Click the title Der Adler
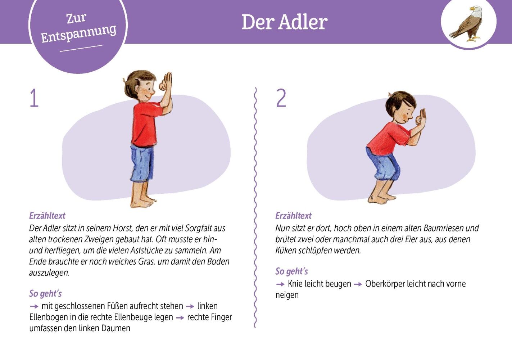285,22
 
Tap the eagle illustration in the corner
467,24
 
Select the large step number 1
34,98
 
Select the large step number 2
281,98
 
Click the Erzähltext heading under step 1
47,216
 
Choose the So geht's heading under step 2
292,271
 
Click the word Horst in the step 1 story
123,228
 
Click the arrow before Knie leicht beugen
280,284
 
